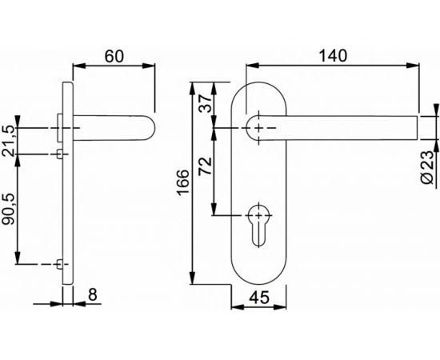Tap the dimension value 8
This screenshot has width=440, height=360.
click(x=92, y=294)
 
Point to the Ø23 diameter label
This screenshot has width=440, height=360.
click(x=429, y=168)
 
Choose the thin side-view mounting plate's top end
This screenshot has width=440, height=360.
click(x=69, y=82)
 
